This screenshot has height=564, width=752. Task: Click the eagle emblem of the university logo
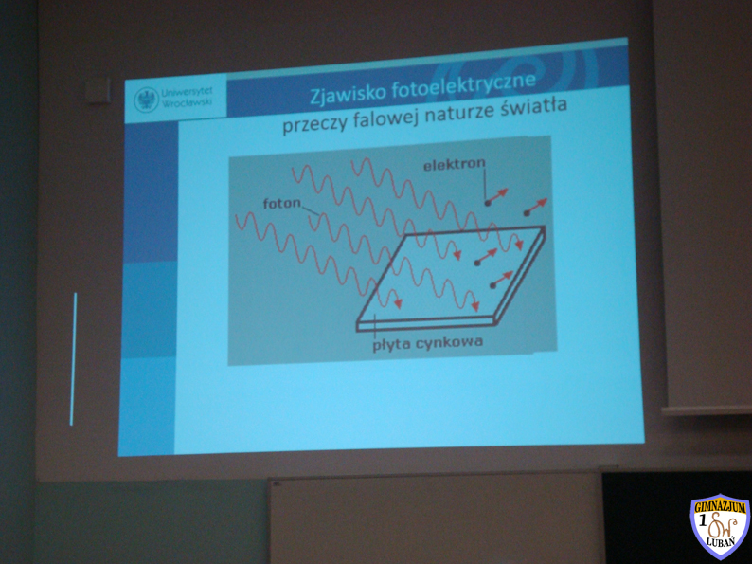(x=146, y=100)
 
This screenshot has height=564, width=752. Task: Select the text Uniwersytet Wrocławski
(x=187, y=98)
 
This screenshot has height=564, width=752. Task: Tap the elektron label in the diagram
(x=455, y=165)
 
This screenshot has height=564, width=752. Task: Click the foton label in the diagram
(x=282, y=203)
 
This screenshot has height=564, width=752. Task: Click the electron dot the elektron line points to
(x=487, y=203)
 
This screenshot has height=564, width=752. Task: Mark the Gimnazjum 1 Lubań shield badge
(x=721, y=525)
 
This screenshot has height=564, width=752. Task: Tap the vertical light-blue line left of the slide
(x=73, y=358)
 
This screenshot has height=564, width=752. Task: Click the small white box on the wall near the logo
(x=98, y=91)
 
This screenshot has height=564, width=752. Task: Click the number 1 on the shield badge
(x=703, y=520)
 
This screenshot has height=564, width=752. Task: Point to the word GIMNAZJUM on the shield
(x=721, y=507)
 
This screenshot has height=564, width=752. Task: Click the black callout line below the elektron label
(x=485, y=185)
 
